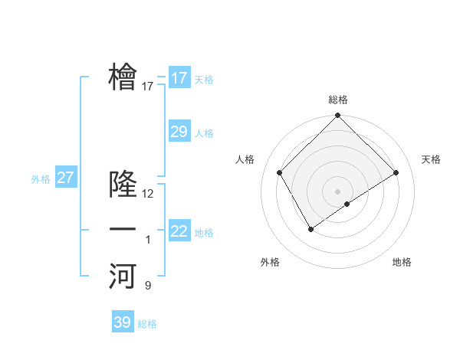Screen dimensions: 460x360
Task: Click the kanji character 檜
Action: pyautogui.click(x=123, y=77)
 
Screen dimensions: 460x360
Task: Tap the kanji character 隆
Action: pyautogui.click(x=123, y=185)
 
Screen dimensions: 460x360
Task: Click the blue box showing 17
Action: pyautogui.click(x=179, y=78)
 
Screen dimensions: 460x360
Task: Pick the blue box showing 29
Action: pyautogui.click(x=179, y=132)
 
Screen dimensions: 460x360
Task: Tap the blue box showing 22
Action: pyautogui.click(x=179, y=231)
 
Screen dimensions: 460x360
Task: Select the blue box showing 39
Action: pyautogui.click(x=123, y=322)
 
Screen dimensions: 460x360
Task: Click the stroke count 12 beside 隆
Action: pyautogui.click(x=148, y=194)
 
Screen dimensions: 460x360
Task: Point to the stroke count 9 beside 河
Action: pyautogui.click(x=148, y=286)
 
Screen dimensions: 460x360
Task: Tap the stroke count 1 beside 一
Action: pyautogui.click(x=148, y=241)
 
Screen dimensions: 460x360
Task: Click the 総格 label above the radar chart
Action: pyautogui.click(x=337, y=100)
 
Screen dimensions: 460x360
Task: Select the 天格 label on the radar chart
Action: pyautogui.click(x=431, y=159)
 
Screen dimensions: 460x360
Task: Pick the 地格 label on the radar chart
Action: pyautogui.click(x=402, y=262)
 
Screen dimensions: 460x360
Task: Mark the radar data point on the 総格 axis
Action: pyautogui.click(x=337, y=116)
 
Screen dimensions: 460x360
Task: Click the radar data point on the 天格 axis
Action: pyautogui.click(x=396, y=172)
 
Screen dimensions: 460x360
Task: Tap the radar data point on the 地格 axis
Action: pyautogui.click(x=347, y=204)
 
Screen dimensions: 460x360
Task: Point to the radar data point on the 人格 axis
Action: pyautogui.click(x=280, y=172)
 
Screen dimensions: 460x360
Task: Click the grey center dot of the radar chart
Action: pyautogui.click(x=337, y=191)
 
